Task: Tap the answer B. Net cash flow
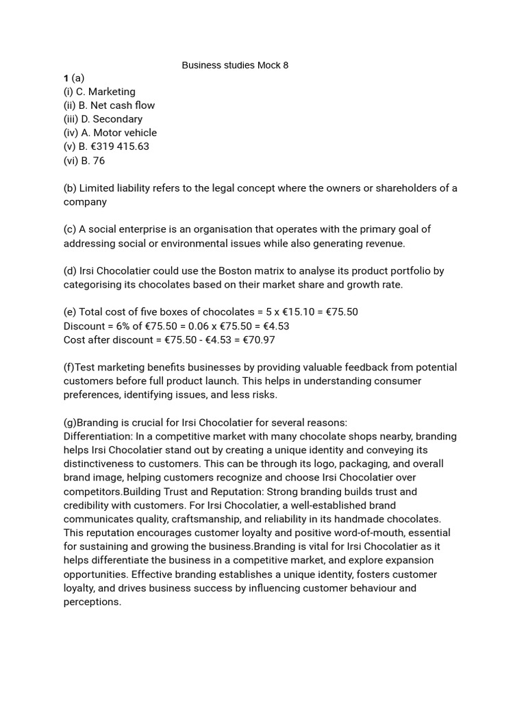point(117,105)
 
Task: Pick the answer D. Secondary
point(112,119)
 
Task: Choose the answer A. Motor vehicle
point(118,133)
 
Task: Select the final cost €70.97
point(259,340)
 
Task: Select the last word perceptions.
point(92,602)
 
